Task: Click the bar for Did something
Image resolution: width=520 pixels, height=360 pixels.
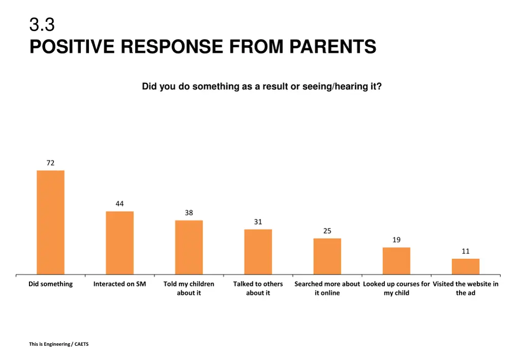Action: tap(50, 222)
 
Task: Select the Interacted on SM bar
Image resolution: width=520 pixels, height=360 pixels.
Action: tap(119, 243)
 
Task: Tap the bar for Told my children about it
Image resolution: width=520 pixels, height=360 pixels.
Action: tap(189, 247)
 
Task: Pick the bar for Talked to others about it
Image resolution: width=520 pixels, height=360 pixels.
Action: tap(258, 252)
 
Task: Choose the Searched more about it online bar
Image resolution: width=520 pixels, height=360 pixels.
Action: tap(327, 256)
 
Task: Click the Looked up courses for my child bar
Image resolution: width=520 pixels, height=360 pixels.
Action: tap(396, 261)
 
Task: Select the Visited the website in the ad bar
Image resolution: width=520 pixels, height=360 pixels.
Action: tap(465, 267)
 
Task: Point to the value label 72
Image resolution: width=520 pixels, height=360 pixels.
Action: tap(50, 163)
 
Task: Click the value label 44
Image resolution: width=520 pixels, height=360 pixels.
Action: tap(119, 204)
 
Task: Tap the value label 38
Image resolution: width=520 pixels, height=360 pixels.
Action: tap(189, 213)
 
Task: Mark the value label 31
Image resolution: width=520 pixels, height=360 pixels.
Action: tap(258, 222)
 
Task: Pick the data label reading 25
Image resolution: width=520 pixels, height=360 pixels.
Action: tap(327, 231)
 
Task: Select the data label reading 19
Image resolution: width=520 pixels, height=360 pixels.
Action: tap(396, 240)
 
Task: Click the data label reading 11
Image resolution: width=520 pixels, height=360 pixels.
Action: tap(465, 251)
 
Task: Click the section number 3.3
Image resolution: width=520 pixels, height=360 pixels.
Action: tap(42, 24)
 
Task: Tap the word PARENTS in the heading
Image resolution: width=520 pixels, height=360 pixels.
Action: tap(333, 47)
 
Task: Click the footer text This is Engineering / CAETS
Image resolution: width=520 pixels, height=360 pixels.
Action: tap(58, 344)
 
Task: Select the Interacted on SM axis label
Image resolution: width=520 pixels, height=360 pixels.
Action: tap(119, 284)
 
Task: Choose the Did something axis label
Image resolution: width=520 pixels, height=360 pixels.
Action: tap(50, 284)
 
